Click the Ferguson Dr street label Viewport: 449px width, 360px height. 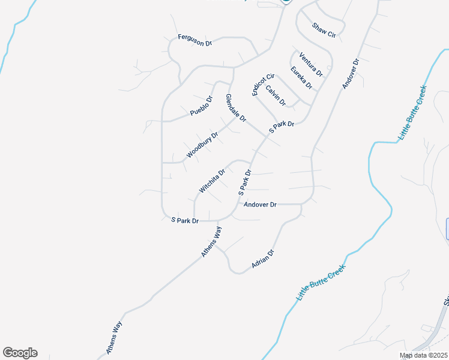[x=196, y=40]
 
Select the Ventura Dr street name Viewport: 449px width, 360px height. [x=311, y=65]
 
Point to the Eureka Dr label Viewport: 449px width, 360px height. [x=301, y=78]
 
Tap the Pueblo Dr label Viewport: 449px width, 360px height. [x=202, y=106]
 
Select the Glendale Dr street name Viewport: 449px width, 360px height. [x=236, y=109]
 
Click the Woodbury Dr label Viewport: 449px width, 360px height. [x=202, y=145]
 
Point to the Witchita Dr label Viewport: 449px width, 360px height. [x=212, y=181]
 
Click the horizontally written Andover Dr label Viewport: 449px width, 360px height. [x=260, y=205]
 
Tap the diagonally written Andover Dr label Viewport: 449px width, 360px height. [x=351, y=74]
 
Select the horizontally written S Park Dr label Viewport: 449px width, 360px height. [x=185, y=221]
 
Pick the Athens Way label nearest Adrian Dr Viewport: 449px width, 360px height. [x=211, y=242]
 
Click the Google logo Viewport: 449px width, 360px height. [x=20, y=353]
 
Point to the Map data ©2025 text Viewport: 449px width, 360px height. [x=423, y=355]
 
